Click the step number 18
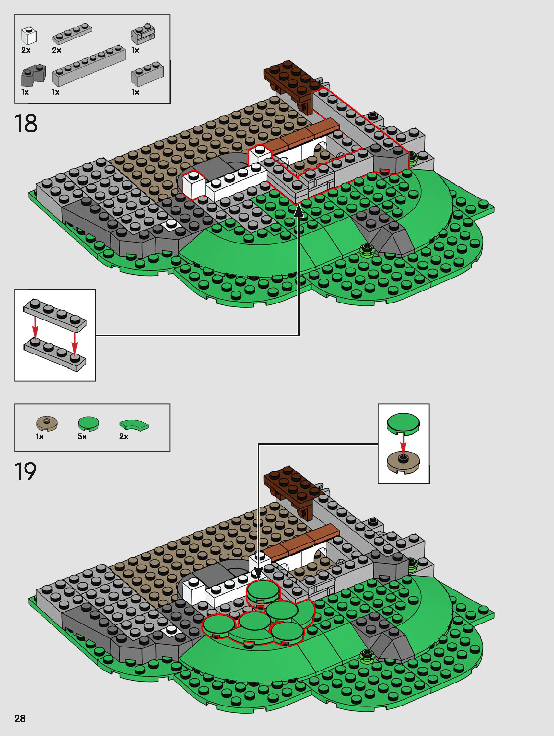26,124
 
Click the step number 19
26,472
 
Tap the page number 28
20,718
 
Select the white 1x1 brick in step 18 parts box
29,36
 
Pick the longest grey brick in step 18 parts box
88,65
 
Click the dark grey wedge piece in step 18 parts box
33,75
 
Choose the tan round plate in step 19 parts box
47,424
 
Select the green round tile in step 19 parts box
89,423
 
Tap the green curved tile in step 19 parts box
134,425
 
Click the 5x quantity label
82,437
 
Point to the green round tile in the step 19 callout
403,422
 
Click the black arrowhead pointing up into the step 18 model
299,211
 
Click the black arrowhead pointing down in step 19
258,573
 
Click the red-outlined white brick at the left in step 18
194,185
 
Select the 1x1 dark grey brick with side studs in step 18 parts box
143,34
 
